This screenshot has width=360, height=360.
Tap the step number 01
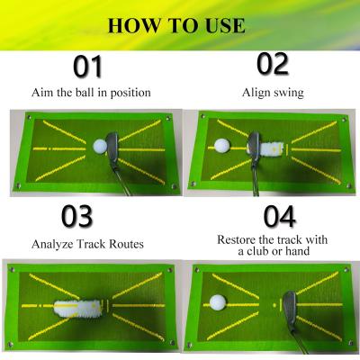point(87,67)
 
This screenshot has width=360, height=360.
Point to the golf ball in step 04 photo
point(217,304)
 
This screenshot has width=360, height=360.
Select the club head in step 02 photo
point(255,144)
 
